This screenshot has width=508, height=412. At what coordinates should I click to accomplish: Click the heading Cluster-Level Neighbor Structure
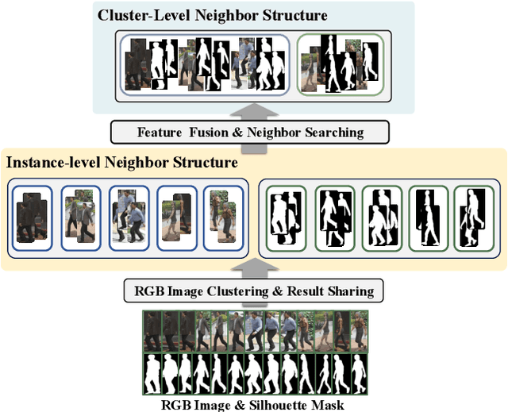coord(212,14)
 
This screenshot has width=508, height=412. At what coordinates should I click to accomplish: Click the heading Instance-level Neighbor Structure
coord(122,163)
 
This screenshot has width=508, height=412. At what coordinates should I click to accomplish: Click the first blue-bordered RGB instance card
coord(32,215)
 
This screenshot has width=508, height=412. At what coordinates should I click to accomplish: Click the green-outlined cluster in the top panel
coord(339,64)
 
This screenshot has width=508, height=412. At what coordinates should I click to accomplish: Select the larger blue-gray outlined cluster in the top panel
coord(203,64)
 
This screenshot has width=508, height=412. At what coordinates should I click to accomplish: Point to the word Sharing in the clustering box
coord(347,291)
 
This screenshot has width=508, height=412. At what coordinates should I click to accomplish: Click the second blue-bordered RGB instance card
coord(79,215)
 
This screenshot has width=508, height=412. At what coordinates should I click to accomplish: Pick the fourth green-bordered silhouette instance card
coord(429,215)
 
